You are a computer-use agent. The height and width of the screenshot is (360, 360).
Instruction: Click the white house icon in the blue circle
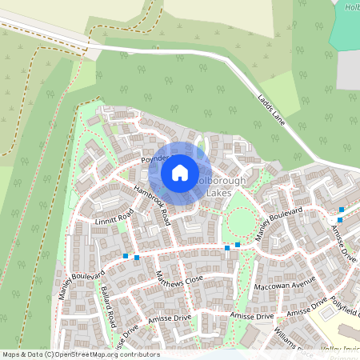click(180, 172)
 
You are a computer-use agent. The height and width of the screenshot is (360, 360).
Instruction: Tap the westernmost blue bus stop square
click(126, 256)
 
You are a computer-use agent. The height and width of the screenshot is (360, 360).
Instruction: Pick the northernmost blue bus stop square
click(342, 210)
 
